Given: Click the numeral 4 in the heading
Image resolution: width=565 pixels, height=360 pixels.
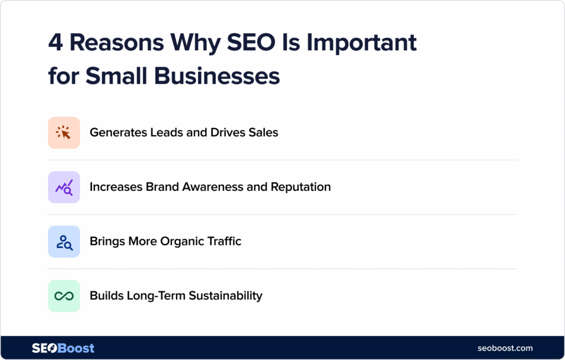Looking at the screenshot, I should (x=55, y=43).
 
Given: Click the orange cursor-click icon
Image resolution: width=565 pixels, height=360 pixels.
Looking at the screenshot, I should (x=64, y=132).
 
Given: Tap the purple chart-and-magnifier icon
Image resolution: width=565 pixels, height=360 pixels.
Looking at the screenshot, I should (x=64, y=187).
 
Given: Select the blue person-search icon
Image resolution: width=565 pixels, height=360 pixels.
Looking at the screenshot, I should (x=64, y=241).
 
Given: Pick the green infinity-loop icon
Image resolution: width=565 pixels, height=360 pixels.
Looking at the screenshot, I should (x=64, y=296).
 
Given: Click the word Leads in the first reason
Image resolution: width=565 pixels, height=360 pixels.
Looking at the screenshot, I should (x=164, y=132).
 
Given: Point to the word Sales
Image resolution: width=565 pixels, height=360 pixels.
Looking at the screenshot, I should (x=263, y=132).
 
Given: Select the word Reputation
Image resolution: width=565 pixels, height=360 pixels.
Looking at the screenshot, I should (x=301, y=187).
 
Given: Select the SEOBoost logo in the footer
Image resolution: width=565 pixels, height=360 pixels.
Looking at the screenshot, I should (x=63, y=348).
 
